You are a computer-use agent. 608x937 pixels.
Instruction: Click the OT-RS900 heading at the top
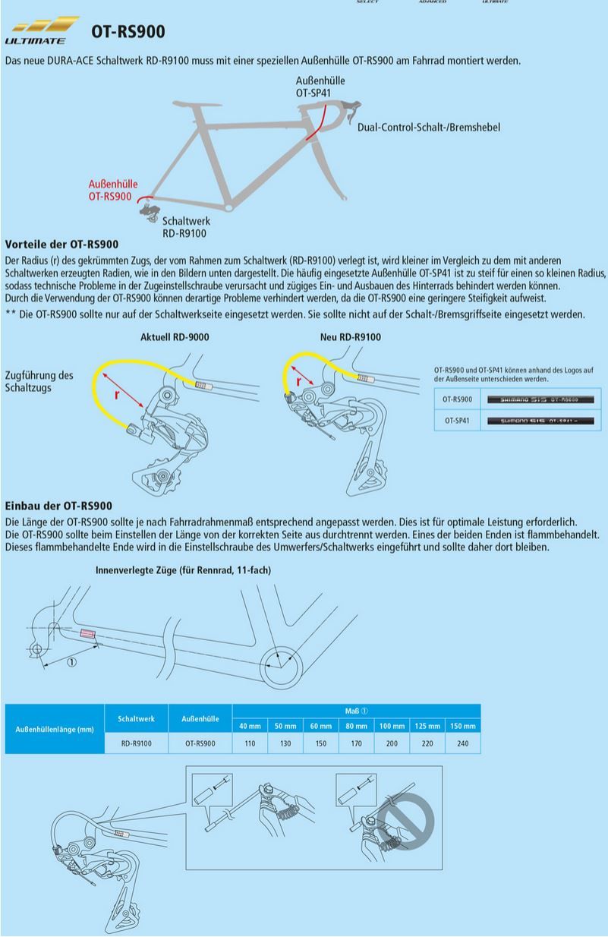tap(128, 32)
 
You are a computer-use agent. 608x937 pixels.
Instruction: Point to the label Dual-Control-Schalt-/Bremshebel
tap(428, 128)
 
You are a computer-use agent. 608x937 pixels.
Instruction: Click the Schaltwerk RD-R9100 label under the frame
tap(185, 227)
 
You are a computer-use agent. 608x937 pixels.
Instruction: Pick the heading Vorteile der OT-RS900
tap(61, 245)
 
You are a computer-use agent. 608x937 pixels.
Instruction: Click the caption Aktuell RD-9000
tap(175, 336)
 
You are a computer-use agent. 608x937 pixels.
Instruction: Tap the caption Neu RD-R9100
tap(351, 336)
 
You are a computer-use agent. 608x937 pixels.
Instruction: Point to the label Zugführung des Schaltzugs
tap(39, 382)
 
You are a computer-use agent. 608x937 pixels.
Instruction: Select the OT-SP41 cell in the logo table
tap(457, 419)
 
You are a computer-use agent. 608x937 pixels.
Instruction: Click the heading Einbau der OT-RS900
tap(58, 506)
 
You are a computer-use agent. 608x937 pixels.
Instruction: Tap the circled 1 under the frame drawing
tap(71, 662)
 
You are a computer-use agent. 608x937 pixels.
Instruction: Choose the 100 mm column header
tap(392, 726)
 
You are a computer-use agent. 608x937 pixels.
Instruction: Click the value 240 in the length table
tap(462, 744)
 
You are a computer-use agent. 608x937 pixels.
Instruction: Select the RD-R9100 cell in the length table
tap(137, 744)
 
